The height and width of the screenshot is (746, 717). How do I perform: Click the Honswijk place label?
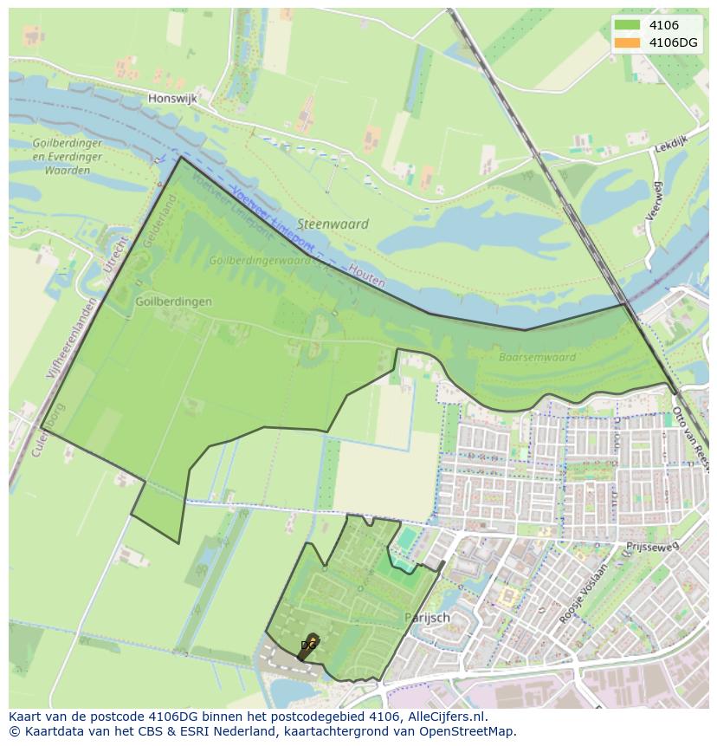coord(172,99)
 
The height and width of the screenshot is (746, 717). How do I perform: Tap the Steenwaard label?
coord(333,224)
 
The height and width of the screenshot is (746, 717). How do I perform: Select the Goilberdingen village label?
coord(173,302)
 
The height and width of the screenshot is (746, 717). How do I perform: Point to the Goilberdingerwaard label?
coord(260,260)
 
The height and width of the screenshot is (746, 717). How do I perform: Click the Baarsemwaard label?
coord(537,357)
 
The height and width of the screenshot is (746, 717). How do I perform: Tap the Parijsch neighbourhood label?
coord(427,618)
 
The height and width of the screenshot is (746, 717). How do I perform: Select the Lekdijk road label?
coord(669,148)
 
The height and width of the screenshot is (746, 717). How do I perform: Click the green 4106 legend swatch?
coord(627,25)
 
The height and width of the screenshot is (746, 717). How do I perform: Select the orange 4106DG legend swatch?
coord(627,42)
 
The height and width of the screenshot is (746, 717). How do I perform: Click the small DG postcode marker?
coord(307,645)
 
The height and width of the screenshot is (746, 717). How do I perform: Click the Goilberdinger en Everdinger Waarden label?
coord(67,157)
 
